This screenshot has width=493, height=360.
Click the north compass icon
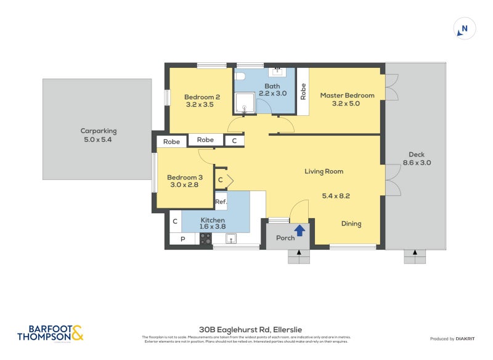click(x=465, y=29)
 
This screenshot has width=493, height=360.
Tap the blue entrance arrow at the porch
click(x=300, y=231)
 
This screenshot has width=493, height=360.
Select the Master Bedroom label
click(x=347, y=96)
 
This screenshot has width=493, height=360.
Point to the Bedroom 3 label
click(x=184, y=178)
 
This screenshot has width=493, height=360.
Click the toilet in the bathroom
click(x=242, y=76)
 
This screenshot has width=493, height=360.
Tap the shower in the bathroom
click(x=245, y=104)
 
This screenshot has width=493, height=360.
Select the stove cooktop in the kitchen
click(x=206, y=239)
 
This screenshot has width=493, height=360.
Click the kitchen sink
click(x=231, y=239)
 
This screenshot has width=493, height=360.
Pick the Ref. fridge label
click(x=221, y=202)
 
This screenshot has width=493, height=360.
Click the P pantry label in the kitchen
click(x=182, y=239)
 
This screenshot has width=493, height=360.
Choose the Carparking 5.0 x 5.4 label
click(x=98, y=135)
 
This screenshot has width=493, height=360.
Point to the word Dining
click(x=351, y=224)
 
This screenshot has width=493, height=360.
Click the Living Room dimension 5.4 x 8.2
click(x=336, y=195)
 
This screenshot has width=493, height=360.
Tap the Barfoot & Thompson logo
click(x=50, y=333)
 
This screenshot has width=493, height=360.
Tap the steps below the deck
click(x=415, y=256)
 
